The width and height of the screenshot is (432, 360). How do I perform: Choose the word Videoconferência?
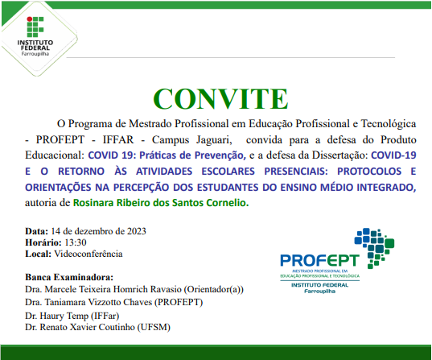[88, 254]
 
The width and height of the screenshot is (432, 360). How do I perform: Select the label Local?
[39, 254]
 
